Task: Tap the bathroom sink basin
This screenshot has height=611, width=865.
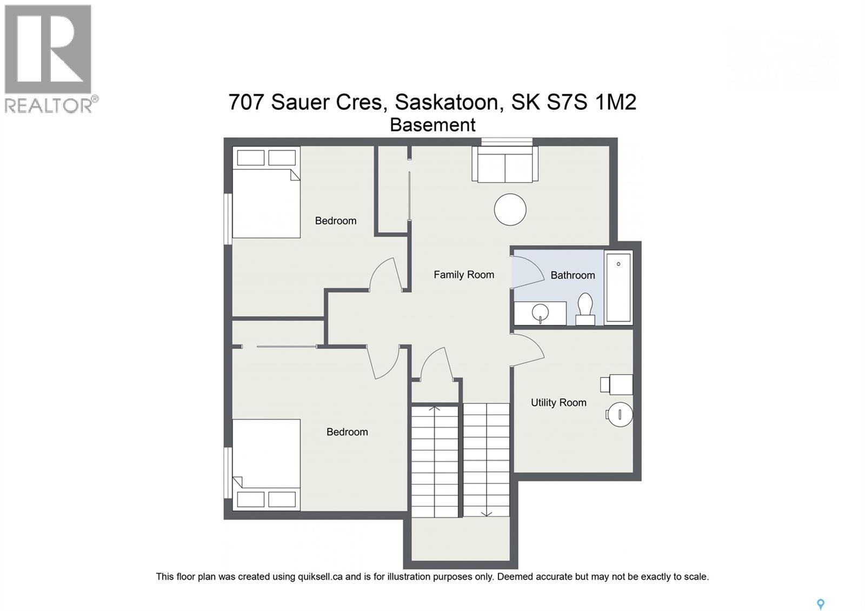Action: click(540, 312)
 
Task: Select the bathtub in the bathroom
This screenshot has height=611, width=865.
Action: click(618, 287)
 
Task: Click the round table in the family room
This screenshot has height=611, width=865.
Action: click(510, 209)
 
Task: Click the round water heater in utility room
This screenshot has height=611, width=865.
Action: click(619, 415)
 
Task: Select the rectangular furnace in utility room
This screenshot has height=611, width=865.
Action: click(617, 384)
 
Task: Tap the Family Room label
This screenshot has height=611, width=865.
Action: click(464, 275)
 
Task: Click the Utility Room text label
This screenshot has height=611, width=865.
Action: click(558, 403)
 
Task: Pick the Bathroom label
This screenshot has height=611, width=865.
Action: click(573, 275)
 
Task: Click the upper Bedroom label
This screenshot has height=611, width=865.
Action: click(336, 221)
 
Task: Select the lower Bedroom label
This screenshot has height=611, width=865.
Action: click(347, 432)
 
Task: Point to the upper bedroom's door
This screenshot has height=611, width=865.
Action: click(385, 274)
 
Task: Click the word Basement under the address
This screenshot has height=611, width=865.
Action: click(432, 125)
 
